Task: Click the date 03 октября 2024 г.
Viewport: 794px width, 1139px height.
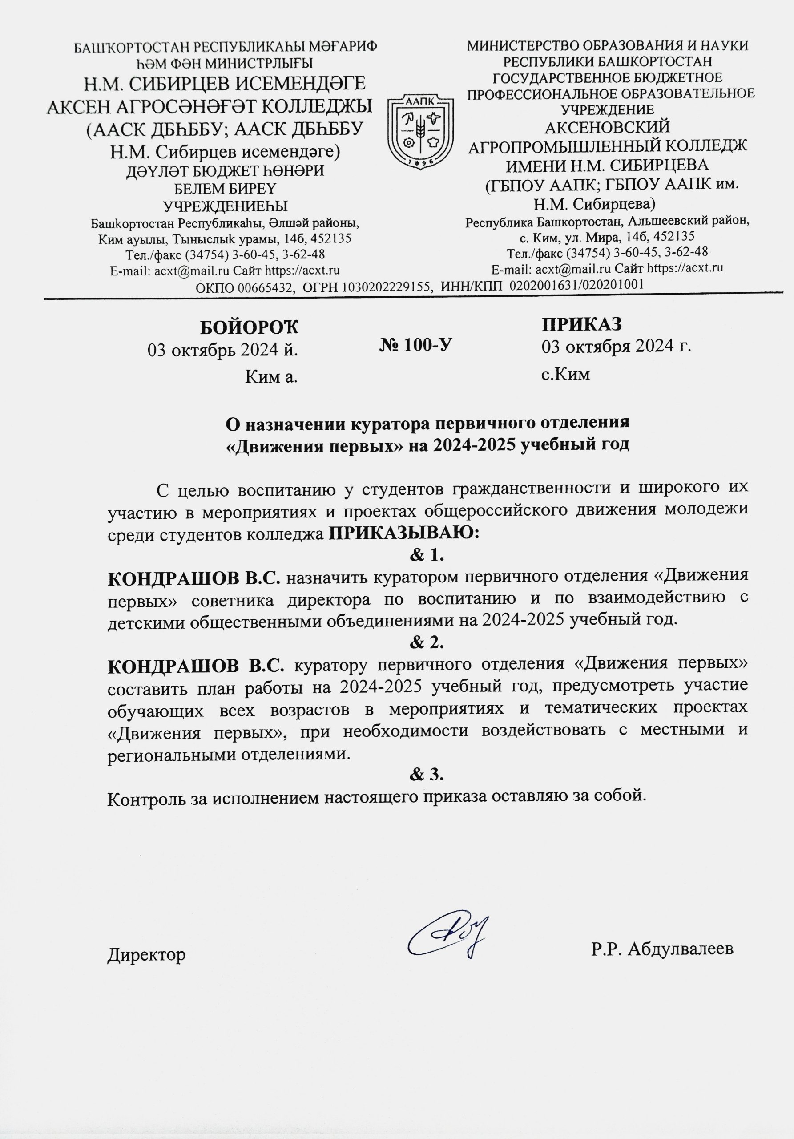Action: click(616, 346)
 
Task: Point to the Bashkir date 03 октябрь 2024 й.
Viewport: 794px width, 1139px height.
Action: click(223, 350)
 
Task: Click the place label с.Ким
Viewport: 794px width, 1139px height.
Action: click(565, 373)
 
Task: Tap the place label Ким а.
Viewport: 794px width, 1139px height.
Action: click(271, 377)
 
